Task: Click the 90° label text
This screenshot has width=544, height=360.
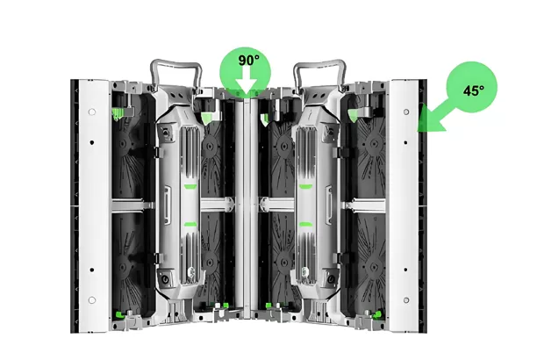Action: [x=247, y=61]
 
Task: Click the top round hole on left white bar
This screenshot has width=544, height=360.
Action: [x=91, y=112]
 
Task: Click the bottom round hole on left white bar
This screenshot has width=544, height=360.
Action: [x=91, y=300]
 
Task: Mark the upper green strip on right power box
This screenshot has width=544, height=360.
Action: [x=304, y=186]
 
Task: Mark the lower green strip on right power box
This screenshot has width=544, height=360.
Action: [x=304, y=225]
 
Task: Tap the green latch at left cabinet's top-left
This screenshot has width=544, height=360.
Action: [x=116, y=112]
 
